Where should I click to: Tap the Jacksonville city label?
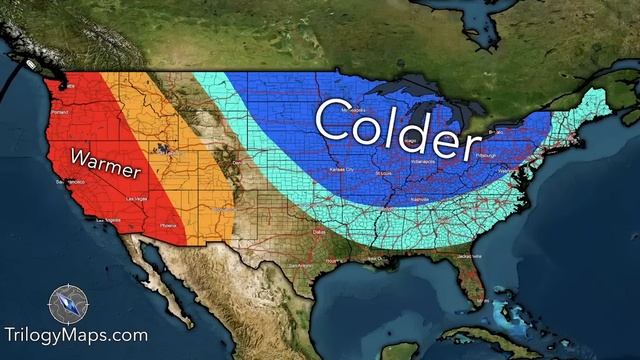tap(465, 255)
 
